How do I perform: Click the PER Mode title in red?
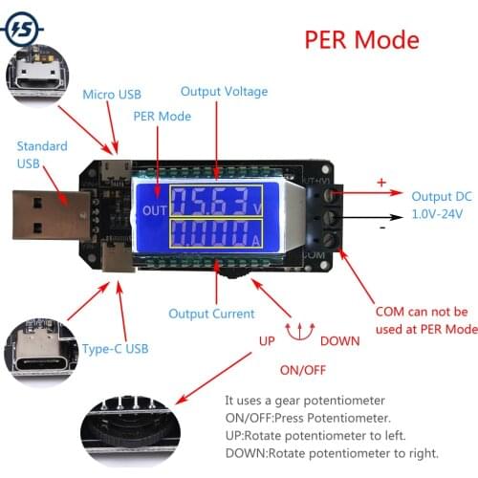(361, 40)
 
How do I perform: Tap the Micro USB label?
(111, 94)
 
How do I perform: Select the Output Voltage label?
(225, 92)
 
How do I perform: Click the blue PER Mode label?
(162, 117)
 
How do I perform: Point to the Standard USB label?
(42, 155)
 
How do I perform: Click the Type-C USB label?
(116, 348)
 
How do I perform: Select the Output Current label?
(211, 314)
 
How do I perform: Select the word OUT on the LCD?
(154, 210)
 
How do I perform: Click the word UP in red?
(268, 340)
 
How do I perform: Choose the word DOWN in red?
(340, 340)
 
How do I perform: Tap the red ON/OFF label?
(302, 370)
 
